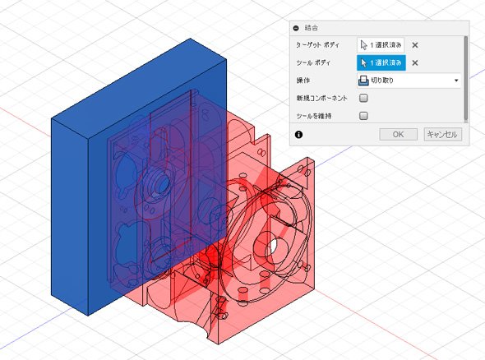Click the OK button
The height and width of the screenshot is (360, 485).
[x=398, y=135]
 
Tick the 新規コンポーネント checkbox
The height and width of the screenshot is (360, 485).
[x=363, y=98]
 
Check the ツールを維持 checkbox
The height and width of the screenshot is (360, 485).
[x=363, y=116]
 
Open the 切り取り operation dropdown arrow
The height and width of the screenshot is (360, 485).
[x=456, y=81]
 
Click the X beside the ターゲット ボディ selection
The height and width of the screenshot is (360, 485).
[x=415, y=45]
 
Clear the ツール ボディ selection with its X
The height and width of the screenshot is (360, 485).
[x=415, y=63]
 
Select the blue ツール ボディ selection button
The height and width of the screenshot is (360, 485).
[x=381, y=62]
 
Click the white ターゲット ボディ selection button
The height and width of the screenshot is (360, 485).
[x=381, y=45]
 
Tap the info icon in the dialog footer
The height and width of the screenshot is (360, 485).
[x=298, y=135]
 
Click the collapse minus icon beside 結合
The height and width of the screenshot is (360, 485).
[x=296, y=28]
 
